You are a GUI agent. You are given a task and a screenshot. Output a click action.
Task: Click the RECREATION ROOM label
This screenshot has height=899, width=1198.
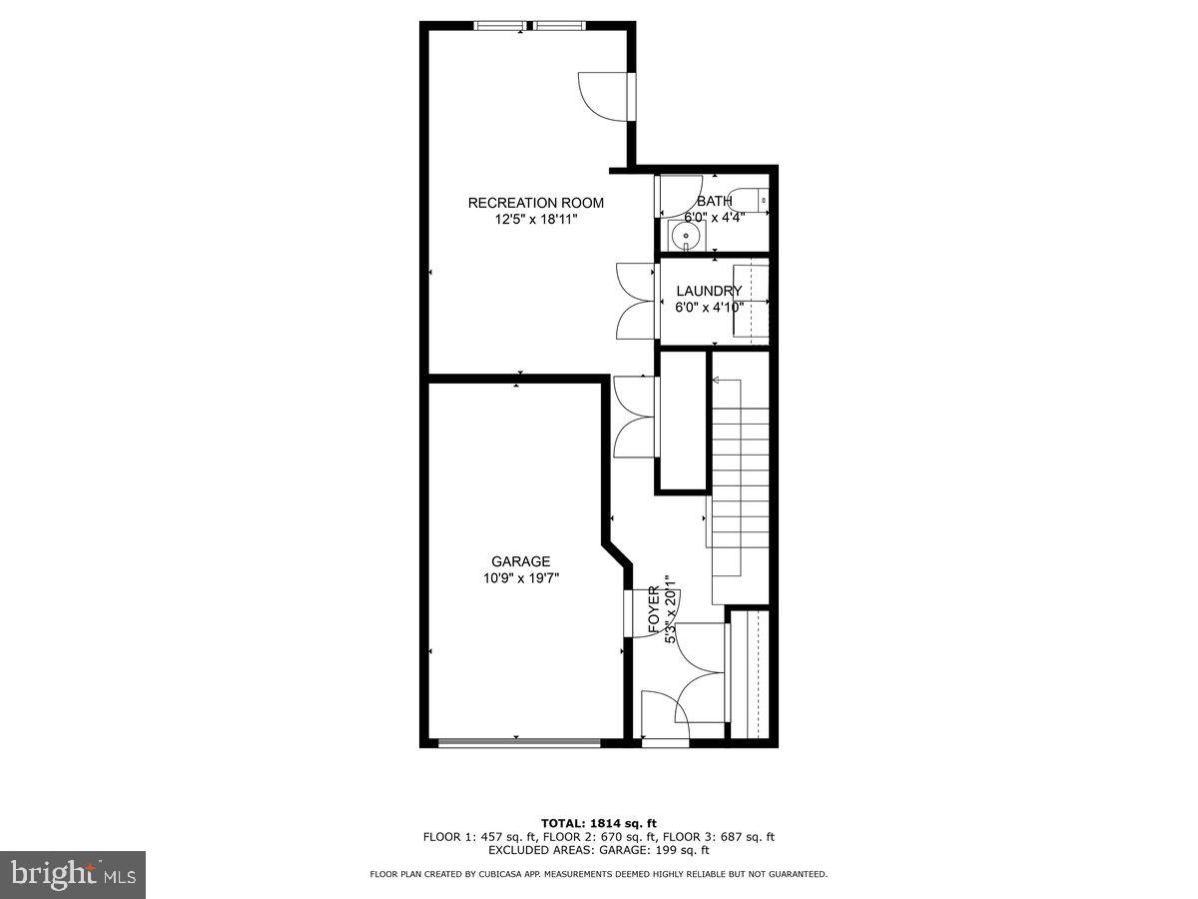point(536,203)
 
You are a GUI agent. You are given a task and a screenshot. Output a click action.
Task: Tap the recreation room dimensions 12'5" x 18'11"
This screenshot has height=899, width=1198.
point(536,219)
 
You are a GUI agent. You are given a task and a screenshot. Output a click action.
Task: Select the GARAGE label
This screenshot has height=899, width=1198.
point(520,561)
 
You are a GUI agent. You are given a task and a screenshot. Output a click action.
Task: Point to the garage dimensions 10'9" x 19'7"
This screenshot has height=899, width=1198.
point(520,577)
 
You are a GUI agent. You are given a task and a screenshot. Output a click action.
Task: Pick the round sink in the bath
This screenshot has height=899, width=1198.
point(684,237)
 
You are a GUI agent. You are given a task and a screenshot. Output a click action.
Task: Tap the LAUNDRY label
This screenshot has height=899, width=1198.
point(709,292)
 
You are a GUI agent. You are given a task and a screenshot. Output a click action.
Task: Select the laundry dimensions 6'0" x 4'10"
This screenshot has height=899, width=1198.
point(709,308)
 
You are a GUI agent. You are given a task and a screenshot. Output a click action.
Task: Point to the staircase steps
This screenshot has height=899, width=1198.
point(740,469)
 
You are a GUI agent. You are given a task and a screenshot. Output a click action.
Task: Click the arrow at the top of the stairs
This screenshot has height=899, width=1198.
point(719,381)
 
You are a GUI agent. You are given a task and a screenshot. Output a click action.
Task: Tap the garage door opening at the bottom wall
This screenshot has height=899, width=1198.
point(519,742)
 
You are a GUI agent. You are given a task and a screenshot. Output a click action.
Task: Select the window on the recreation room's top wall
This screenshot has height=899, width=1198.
point(519,26)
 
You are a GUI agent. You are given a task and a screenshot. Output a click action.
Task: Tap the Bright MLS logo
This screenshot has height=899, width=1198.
point(73,874)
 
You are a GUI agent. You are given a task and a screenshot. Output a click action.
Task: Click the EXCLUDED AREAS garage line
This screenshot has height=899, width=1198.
point(598,851)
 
